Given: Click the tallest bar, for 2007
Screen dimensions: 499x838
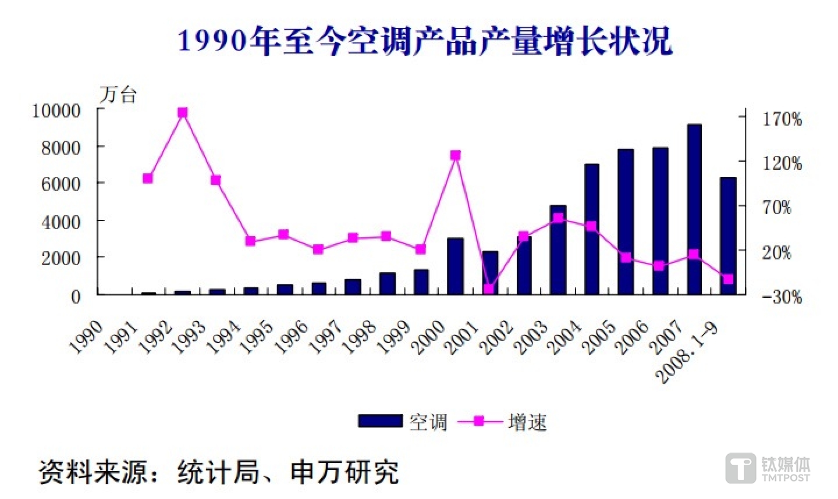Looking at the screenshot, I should [694, 209].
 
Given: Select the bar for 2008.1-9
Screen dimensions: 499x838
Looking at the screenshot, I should [728, 236].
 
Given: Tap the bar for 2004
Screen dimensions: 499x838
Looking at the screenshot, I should [592, 229].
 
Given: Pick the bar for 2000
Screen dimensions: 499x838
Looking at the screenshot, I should [455, 266].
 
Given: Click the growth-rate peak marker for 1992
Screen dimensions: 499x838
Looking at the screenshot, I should [183, 112].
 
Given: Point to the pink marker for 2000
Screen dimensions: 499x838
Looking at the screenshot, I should [455, 155].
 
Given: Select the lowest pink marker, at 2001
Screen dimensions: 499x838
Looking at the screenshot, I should [489, 288].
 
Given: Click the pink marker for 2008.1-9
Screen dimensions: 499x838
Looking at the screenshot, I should [728, 279].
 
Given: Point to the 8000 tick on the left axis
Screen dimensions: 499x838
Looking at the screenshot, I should [61, 147].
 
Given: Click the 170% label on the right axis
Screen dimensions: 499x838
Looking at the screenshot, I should [782, 119].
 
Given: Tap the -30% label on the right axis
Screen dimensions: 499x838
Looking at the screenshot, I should [781, 297].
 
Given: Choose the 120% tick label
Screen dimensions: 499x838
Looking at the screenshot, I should [782, 163].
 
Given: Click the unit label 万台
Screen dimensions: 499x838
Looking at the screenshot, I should [118, 94].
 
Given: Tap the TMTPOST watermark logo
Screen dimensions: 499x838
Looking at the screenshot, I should [768, 469].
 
